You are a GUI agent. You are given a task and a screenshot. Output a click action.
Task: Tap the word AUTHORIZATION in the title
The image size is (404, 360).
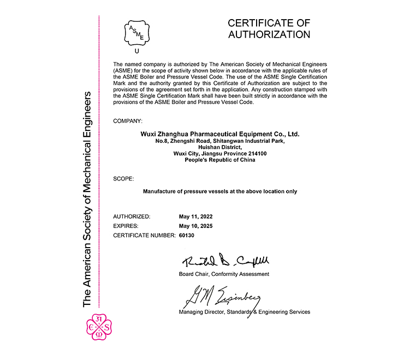[269, 35]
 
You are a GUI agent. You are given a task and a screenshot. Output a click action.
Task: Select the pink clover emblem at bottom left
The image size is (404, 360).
[100, 327]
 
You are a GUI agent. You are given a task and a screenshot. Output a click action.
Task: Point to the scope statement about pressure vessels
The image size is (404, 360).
[220, 191]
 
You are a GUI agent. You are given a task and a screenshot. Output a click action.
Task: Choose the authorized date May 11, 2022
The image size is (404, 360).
[195, 217]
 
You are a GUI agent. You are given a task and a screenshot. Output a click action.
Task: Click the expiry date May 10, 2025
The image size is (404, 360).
[195, 226]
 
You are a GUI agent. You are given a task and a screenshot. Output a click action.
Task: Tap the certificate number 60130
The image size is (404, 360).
[187, 235]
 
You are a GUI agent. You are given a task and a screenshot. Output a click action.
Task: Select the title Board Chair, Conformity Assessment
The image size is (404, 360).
[224, 274]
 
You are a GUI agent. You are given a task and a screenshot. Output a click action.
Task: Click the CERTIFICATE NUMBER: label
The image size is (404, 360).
[144, 235]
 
